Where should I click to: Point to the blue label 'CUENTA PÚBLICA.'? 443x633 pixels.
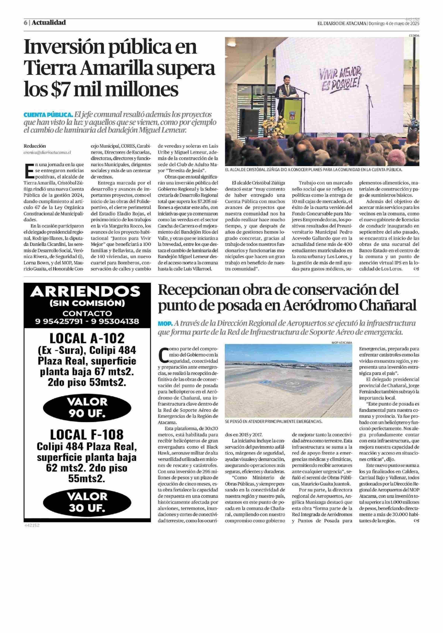click(x=48, y=115)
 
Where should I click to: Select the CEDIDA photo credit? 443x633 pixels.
click(x=414, y=36)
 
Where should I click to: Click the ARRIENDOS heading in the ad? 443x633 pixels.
click(x=87, y=292)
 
